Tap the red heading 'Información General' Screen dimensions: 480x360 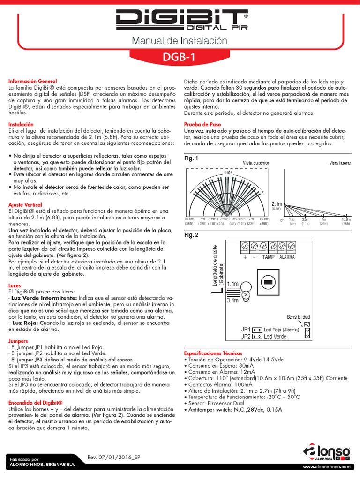point(32,81)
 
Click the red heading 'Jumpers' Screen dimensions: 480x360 point(18,341)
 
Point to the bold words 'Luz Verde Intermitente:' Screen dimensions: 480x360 point(45,298)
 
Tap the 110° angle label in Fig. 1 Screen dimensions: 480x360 point(228,173)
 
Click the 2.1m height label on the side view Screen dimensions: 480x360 point(277,204)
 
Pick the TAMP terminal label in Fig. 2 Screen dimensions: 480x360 point(268,257)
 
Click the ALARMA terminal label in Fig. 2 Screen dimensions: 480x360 point(287,257)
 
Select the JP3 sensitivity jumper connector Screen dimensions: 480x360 point(307,332)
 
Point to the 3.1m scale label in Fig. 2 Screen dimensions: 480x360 point(232,300)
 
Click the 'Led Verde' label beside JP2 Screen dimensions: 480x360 point(275,337)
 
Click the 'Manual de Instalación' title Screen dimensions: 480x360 point(180,41)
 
